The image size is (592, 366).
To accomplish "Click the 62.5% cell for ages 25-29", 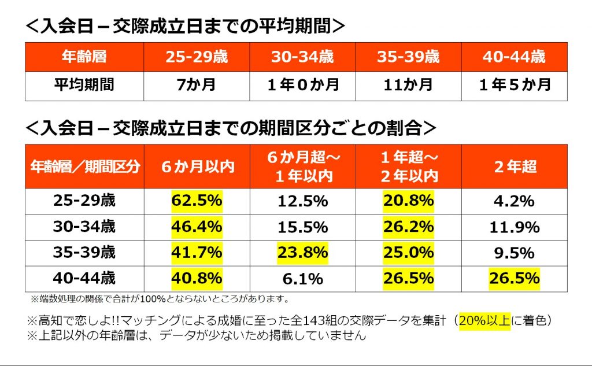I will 197,201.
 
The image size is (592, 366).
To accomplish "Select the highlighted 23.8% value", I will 302,253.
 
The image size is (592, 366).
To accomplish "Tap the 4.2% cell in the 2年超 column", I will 514,201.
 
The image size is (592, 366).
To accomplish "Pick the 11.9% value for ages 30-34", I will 514,227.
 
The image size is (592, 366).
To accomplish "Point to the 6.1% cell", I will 302,279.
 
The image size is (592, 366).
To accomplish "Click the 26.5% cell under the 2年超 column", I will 514,279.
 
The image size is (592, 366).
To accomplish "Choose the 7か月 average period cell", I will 197,86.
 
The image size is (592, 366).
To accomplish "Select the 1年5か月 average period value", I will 514,86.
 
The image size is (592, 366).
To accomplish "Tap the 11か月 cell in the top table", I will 408,86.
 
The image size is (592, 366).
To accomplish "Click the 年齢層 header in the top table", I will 84,57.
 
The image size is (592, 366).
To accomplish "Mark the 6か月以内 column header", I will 197,167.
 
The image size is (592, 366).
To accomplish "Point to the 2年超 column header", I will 514,167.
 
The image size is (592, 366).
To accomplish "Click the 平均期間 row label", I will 84,86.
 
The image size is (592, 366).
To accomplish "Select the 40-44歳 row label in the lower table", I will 84,279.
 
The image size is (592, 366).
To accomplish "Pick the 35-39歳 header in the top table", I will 408,57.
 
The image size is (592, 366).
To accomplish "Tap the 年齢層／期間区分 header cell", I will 84,167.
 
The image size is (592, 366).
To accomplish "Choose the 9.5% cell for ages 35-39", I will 514,253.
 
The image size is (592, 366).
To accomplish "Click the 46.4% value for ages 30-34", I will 197,227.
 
